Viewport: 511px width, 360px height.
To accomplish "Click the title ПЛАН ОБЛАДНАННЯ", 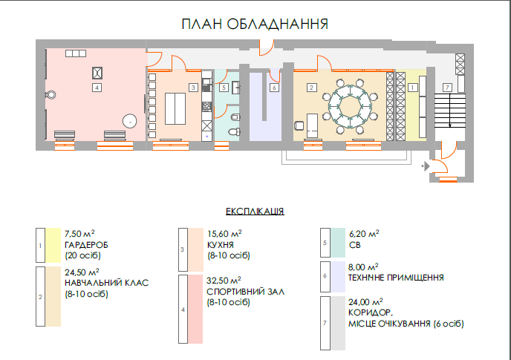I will tap(255, 24).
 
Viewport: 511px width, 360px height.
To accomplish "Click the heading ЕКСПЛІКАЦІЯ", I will tap(255, 211).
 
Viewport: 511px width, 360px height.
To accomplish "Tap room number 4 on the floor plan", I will tap(97, 88).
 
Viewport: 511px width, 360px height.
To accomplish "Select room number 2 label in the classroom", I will tap(312, 88).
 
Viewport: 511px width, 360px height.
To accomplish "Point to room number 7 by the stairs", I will tap(446, 88).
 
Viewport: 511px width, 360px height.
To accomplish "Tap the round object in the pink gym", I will tap(130, 120).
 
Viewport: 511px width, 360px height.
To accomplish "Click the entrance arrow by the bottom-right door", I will tap(425, 166).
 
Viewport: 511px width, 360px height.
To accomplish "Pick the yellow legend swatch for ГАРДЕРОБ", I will tap(53, 245).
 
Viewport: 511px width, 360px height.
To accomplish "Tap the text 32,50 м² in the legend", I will tap(225, 281).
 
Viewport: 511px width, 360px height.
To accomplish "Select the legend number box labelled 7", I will tap(323, 323).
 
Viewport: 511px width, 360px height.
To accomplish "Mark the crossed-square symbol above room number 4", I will tap(97, 72).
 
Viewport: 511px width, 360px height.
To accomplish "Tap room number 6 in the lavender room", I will tap(273, 88).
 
